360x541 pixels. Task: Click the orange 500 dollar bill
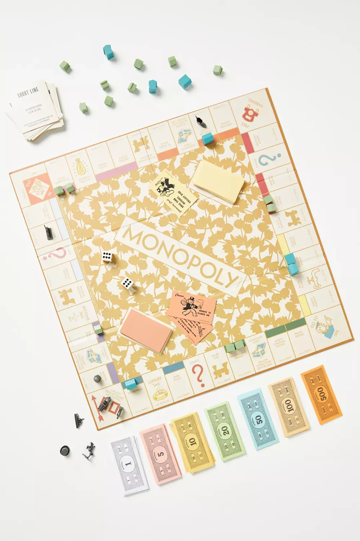pyautogui.click(x=321, y=394)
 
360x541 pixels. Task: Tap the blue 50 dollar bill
pyautogui.click(x=258, y=421)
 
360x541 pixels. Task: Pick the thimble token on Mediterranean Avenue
pyautogui.click(x=97, y=379)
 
